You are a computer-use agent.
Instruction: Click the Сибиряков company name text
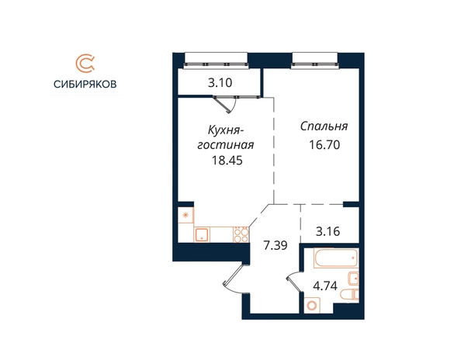[x=85, y=85]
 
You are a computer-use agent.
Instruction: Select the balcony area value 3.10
[x=220, y=83]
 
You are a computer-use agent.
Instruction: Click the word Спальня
[x=324, y=126]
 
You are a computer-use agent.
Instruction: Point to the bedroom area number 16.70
[x=324, y=145]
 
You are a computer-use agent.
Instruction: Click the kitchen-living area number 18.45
[x=227, y=161]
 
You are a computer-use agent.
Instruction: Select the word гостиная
[x=226, y=145]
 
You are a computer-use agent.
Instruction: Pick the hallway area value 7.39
[x=276, y=245]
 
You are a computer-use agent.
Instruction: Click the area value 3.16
[x=328, y=231]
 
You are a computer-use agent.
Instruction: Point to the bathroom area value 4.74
[x=325, y=286]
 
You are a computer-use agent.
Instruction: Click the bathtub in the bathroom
[x=336, y=258]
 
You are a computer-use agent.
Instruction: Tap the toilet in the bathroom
[x=349, y=295]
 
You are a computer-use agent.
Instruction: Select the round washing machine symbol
[x=312, y=306]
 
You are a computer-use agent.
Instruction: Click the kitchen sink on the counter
[x=202, y=234]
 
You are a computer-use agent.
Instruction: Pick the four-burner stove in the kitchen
[x=241, y=234]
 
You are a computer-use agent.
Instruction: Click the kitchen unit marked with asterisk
[x=185, y=215]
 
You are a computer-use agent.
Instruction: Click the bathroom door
[x=294, y=282]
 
